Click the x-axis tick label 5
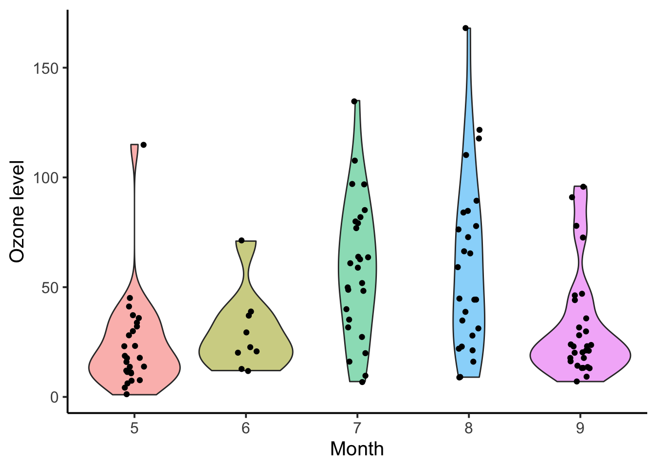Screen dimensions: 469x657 pyautogui.click(x=134, y=428)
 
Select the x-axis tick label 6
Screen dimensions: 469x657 pyautogui.click(x=245, y=428)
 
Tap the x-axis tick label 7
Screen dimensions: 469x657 pyautogui.click(x=357, y=428)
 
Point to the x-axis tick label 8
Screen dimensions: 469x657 pyautogui.click(x=468, y=428)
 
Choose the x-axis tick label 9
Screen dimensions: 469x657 pyautogui.click(x=580, y=428)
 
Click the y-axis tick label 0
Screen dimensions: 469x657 pyautogui.click(x=54, y=397)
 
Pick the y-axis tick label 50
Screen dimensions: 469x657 pyautogui.click(x=49, y=287)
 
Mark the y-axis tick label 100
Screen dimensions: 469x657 pyautogui.click(x=45, y=177)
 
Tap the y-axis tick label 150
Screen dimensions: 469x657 pyautogui.click(x=45, y=68)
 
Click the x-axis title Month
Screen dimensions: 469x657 pyautogui.click(x=357, y=449)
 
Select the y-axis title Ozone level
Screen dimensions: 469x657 pyautogui.click(x=17, y=211)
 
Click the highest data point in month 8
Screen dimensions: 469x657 pyautogui.click(x=465, y=28)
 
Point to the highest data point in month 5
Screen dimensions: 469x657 pyautogui.click(x=143, y=145)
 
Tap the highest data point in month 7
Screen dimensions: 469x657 pyautogui.click(x=354, y=102)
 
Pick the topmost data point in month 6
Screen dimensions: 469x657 pyautogui.click(x=241, y=240)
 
